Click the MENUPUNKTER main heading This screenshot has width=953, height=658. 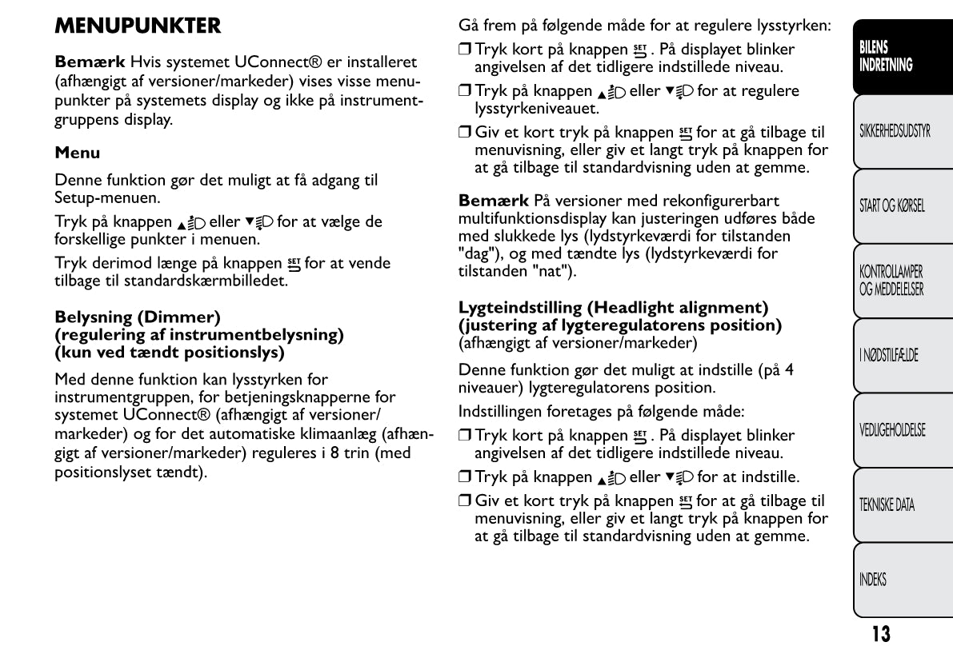138,26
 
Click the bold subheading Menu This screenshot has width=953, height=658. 77,152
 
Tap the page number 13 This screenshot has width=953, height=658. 880,635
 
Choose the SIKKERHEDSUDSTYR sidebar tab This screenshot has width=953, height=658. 895,131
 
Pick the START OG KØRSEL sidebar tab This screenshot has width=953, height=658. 891,206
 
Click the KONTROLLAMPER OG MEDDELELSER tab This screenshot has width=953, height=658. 891,281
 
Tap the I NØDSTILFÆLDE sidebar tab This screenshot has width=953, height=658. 888,356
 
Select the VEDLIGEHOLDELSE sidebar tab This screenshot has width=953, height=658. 891,430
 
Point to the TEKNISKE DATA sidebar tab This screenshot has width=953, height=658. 887,505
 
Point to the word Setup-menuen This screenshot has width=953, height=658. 100,196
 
